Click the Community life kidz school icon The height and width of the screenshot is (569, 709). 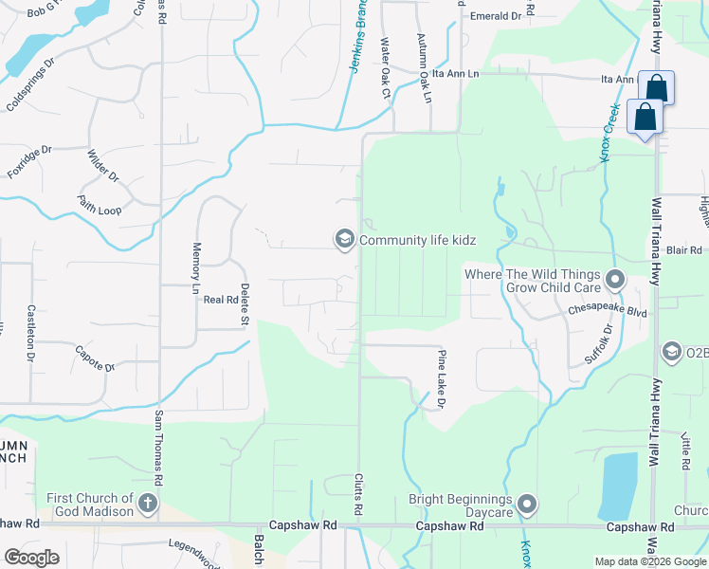[x=343, y=238]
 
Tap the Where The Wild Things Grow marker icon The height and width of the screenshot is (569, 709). [x=615, y=280]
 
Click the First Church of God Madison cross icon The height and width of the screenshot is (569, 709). [x=147, y=504]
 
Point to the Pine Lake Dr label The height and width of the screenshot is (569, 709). [x=441, y=379]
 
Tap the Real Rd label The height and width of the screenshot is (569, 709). [x=220, y=300]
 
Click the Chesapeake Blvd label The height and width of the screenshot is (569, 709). [x=606, y=309]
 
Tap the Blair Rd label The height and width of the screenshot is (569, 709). [x=682, y=250]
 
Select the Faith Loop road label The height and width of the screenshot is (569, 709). [x=100, y=205]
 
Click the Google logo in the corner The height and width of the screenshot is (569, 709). [x=31, y=557]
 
